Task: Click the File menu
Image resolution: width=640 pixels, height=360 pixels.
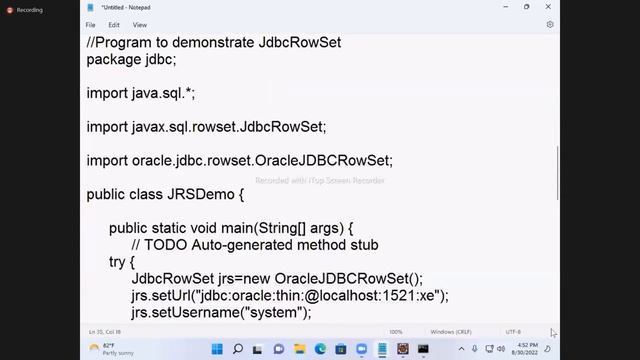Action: click(91, 24)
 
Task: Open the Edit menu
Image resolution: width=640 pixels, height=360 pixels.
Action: click(114, 24)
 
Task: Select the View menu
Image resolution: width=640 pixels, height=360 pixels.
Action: click(140, 24)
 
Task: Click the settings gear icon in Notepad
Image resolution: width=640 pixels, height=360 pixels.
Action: click(550, 24)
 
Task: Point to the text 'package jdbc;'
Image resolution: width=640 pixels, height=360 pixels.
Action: click(131, 59)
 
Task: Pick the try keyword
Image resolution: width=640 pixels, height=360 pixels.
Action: click(124, 262)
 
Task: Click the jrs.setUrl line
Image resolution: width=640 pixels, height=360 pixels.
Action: click(290, 296)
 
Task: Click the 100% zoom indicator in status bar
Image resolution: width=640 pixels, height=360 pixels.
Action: click(396, 331)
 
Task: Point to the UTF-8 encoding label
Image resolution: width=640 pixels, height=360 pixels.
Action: click(514, 331)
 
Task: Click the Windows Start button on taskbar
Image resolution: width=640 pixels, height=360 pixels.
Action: click(217, 349)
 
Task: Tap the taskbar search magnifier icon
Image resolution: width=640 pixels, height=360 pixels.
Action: click(238, 349)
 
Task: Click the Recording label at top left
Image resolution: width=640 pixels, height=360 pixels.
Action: click(29, 10)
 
